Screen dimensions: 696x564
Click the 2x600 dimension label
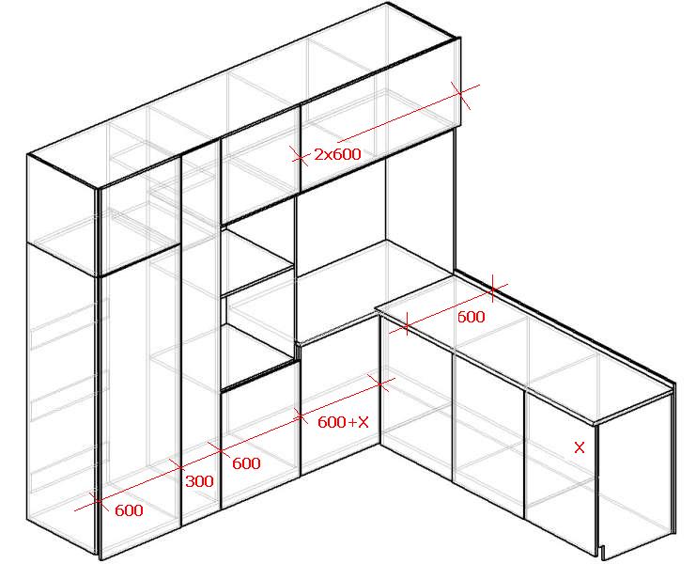click(337, 154)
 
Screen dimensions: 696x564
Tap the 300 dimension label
click(199, 481)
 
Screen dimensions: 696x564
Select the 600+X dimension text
click(343, 422)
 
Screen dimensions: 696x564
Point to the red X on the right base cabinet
click(580, 447)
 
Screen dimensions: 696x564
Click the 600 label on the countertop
click(471, 317)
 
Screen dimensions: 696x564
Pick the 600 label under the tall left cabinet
click(129, 510)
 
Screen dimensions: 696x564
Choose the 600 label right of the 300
click(246, 463)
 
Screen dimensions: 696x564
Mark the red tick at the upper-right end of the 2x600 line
click(461, 94)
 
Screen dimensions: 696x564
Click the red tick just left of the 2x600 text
click(300, 156)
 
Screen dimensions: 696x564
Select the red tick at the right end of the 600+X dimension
click(380, 383)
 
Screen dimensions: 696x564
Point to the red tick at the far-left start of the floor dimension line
click(97, 500)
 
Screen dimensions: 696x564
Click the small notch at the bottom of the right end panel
click(603, 553)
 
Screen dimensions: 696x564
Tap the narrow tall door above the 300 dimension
click(201, 333)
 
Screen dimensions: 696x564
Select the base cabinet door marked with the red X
click(560, 471)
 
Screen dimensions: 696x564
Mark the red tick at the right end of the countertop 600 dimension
click(492, 290)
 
